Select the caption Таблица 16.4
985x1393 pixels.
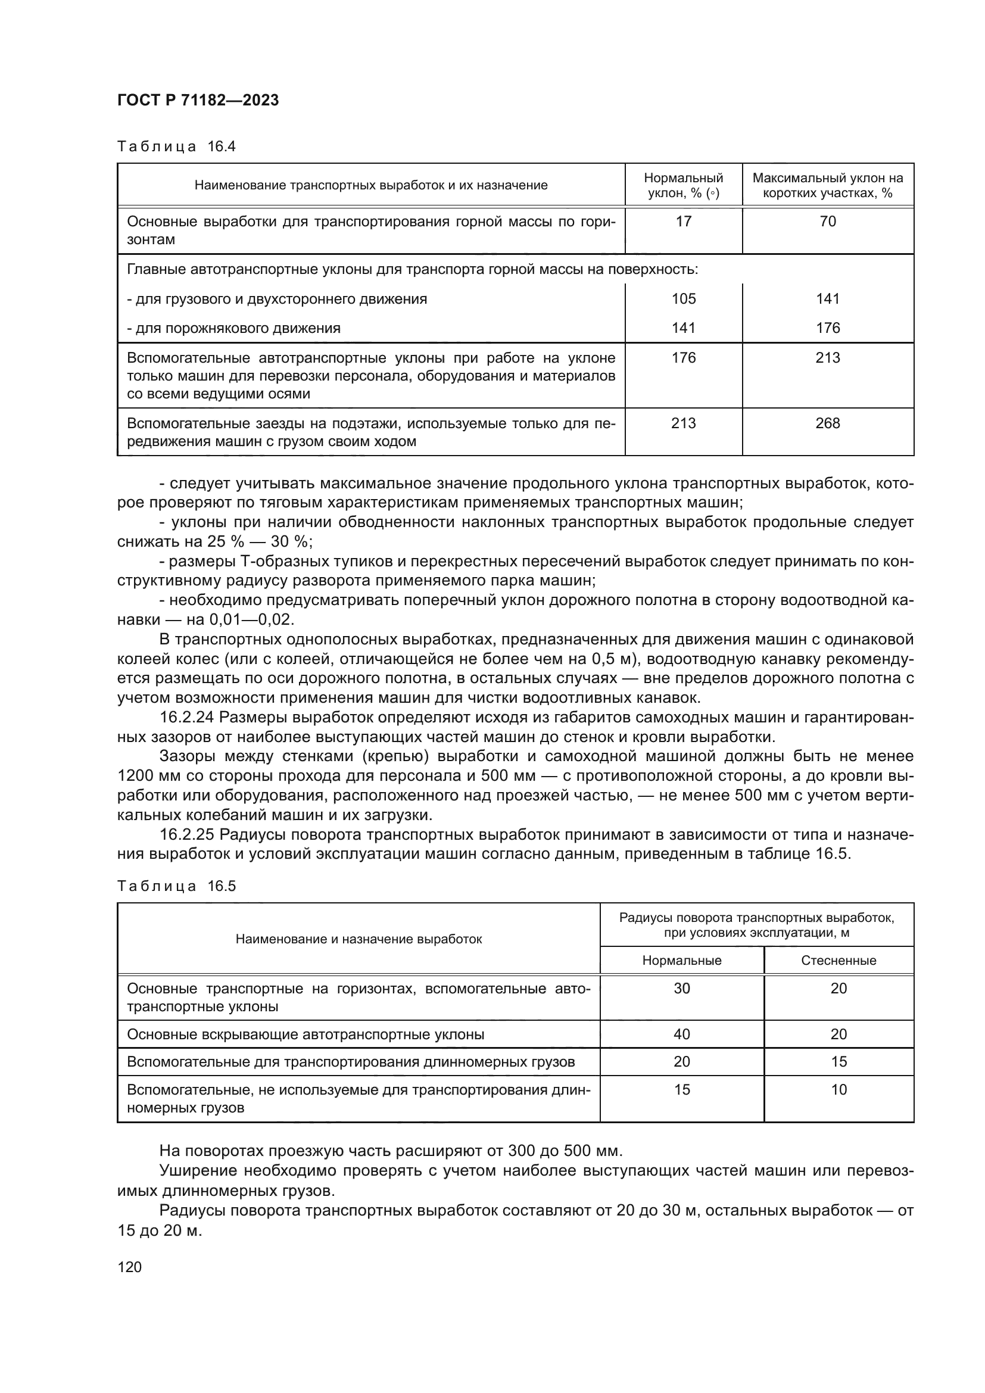pyautogui.click(x=176, y=147)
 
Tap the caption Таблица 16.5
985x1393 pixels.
pyautogui.click(x=176, y=886)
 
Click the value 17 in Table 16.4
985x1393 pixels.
pyautogui.click(x=683, y=222)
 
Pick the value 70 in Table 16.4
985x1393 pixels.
pyautogui.click(x=827, y=222)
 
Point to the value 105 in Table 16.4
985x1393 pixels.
pyautogui.click(x=683, y=298)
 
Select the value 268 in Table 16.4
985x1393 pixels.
pyautogui.click(x=827, y=423)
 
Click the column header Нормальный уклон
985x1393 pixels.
pyautogui.click(x=683, y=185)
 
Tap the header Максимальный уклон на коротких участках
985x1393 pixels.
pyautogui.click(x=827, y=185)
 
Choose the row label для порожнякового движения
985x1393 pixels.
pyautogui.click(x=233, y=328)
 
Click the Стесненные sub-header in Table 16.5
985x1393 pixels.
pyautogui.click(x=839, y=961)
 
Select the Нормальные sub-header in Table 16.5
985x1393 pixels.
pyautogui.click(x=682, y=961)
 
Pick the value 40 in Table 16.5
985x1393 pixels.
pyautogui.click(x=682, y=1034)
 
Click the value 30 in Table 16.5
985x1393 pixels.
pyautogui.click(x=682, y=989)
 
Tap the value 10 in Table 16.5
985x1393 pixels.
pyautogui.click(x=839, y=1090)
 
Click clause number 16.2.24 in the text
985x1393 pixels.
pyautogui.click(x=186, y=717)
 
